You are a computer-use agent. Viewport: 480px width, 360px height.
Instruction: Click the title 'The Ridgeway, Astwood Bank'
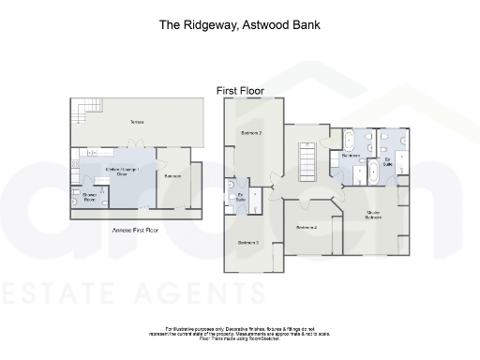coord(240,24)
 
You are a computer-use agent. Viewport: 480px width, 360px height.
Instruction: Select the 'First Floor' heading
coord(240,91)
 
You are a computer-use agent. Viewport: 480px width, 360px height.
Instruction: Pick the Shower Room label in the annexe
coord(89,197)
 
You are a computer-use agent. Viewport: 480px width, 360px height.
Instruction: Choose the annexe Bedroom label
coord(172,175)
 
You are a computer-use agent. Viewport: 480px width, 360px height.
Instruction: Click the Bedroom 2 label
coord(250,134)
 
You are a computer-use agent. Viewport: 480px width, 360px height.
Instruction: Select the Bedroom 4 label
coord(307,228)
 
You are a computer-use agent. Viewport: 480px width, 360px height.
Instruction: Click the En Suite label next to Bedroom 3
coord(241,198)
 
